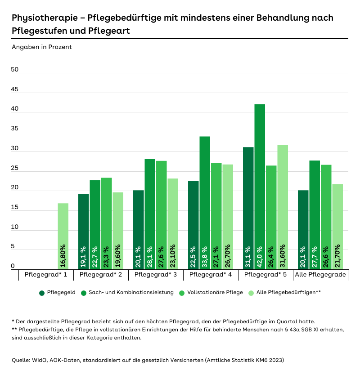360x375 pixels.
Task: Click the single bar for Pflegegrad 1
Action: point(63,236)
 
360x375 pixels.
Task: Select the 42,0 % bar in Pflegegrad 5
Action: point(259,187)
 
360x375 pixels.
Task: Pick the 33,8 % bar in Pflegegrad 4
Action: point(205,202)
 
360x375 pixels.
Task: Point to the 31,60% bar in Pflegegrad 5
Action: point(283,207)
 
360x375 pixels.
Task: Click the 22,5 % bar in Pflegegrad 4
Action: point(193,225)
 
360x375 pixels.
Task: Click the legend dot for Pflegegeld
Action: point(42,293)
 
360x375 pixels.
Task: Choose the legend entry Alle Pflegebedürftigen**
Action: point(288,293)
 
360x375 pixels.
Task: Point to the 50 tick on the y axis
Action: point(15,70)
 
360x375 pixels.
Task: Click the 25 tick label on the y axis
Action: point(15,169)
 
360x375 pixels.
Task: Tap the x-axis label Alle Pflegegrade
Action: point(320,275)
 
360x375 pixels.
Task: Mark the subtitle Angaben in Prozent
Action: point(41,47)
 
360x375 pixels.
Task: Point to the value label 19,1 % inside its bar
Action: point(84,255)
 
